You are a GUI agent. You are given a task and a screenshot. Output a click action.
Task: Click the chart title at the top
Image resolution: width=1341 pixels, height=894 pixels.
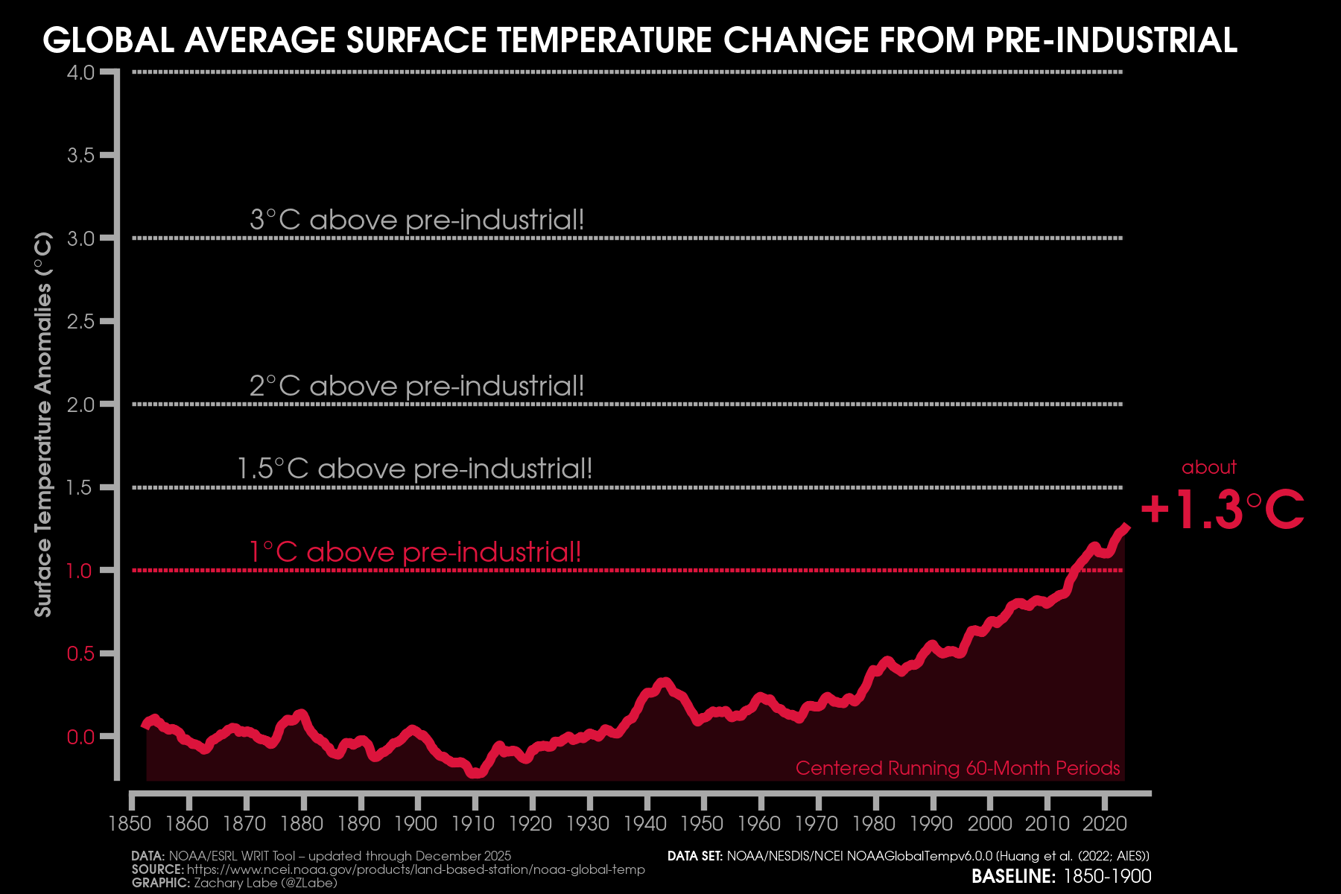pos(639,40)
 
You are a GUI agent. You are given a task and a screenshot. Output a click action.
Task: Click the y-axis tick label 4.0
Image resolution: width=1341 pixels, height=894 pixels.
pos(80,72)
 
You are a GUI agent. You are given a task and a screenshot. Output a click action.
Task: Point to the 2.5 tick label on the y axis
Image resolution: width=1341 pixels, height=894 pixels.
pos(80,321)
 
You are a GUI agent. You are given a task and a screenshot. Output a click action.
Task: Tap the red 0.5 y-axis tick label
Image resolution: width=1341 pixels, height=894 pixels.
pos(80,653)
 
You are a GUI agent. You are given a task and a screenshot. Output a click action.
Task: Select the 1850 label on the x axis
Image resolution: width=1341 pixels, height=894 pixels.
pos(130,823)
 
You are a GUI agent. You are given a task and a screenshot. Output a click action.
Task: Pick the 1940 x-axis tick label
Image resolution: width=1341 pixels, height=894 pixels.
pos(645,823)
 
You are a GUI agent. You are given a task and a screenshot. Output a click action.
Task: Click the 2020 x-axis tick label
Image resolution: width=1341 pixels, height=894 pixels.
pos(1104,823)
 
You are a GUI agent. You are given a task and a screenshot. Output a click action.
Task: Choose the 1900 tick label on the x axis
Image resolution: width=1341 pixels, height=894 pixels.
pos(416,823)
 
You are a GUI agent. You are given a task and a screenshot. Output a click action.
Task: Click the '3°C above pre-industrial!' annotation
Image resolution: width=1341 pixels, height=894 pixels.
pos(416,220)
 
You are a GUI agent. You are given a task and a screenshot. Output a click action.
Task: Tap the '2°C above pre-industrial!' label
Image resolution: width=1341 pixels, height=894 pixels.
pos(416,386)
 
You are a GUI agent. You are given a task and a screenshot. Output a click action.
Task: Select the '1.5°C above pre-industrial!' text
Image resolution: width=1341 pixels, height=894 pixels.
pos(414,469)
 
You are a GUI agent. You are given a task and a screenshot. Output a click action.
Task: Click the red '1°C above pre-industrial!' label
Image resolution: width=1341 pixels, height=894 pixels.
pos(414,552)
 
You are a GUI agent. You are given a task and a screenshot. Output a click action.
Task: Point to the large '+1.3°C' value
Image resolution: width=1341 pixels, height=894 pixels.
pos(1222,510)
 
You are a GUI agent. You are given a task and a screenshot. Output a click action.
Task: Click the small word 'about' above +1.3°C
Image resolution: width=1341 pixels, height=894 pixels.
pos(1208,467)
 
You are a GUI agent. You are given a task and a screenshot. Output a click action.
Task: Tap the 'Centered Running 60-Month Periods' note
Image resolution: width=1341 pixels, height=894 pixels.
pos(957,768)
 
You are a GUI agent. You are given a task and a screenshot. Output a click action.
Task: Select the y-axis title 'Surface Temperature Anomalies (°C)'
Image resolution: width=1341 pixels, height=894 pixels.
pos(43,425)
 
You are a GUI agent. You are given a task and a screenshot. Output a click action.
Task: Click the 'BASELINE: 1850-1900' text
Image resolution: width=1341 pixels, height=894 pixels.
pos(1061,876)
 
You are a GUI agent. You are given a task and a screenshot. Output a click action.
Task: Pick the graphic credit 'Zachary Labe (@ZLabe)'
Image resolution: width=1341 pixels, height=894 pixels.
pos(265,883)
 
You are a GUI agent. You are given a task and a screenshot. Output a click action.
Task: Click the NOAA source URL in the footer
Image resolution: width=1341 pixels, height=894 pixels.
pos(416,869)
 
